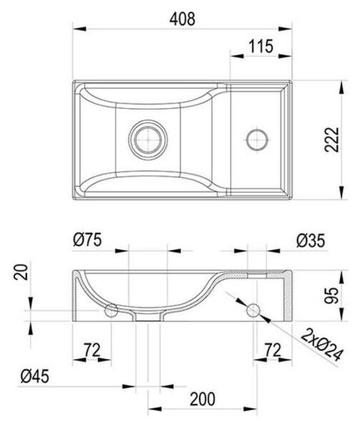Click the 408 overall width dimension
point(183,19)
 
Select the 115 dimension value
point(261,46)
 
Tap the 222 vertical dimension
point(332,139)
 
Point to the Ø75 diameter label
point(87,240)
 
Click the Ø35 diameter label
point(311,241)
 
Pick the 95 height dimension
point(331,295)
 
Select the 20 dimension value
point(21,272)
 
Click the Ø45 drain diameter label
point(35,376)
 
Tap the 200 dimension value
point(203,399)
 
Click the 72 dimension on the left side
point(92,350)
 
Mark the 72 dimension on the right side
point(273,350)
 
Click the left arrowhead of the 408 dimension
point(79,29)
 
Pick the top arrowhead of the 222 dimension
point(341,87)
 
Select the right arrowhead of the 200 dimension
point(250,409)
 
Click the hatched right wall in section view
point(288,295)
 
